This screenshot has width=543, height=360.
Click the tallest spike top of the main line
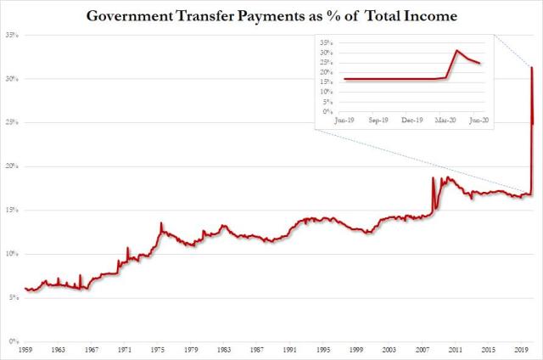click(x=531, y=68)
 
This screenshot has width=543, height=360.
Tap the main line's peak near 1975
click(x=160, y=222)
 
